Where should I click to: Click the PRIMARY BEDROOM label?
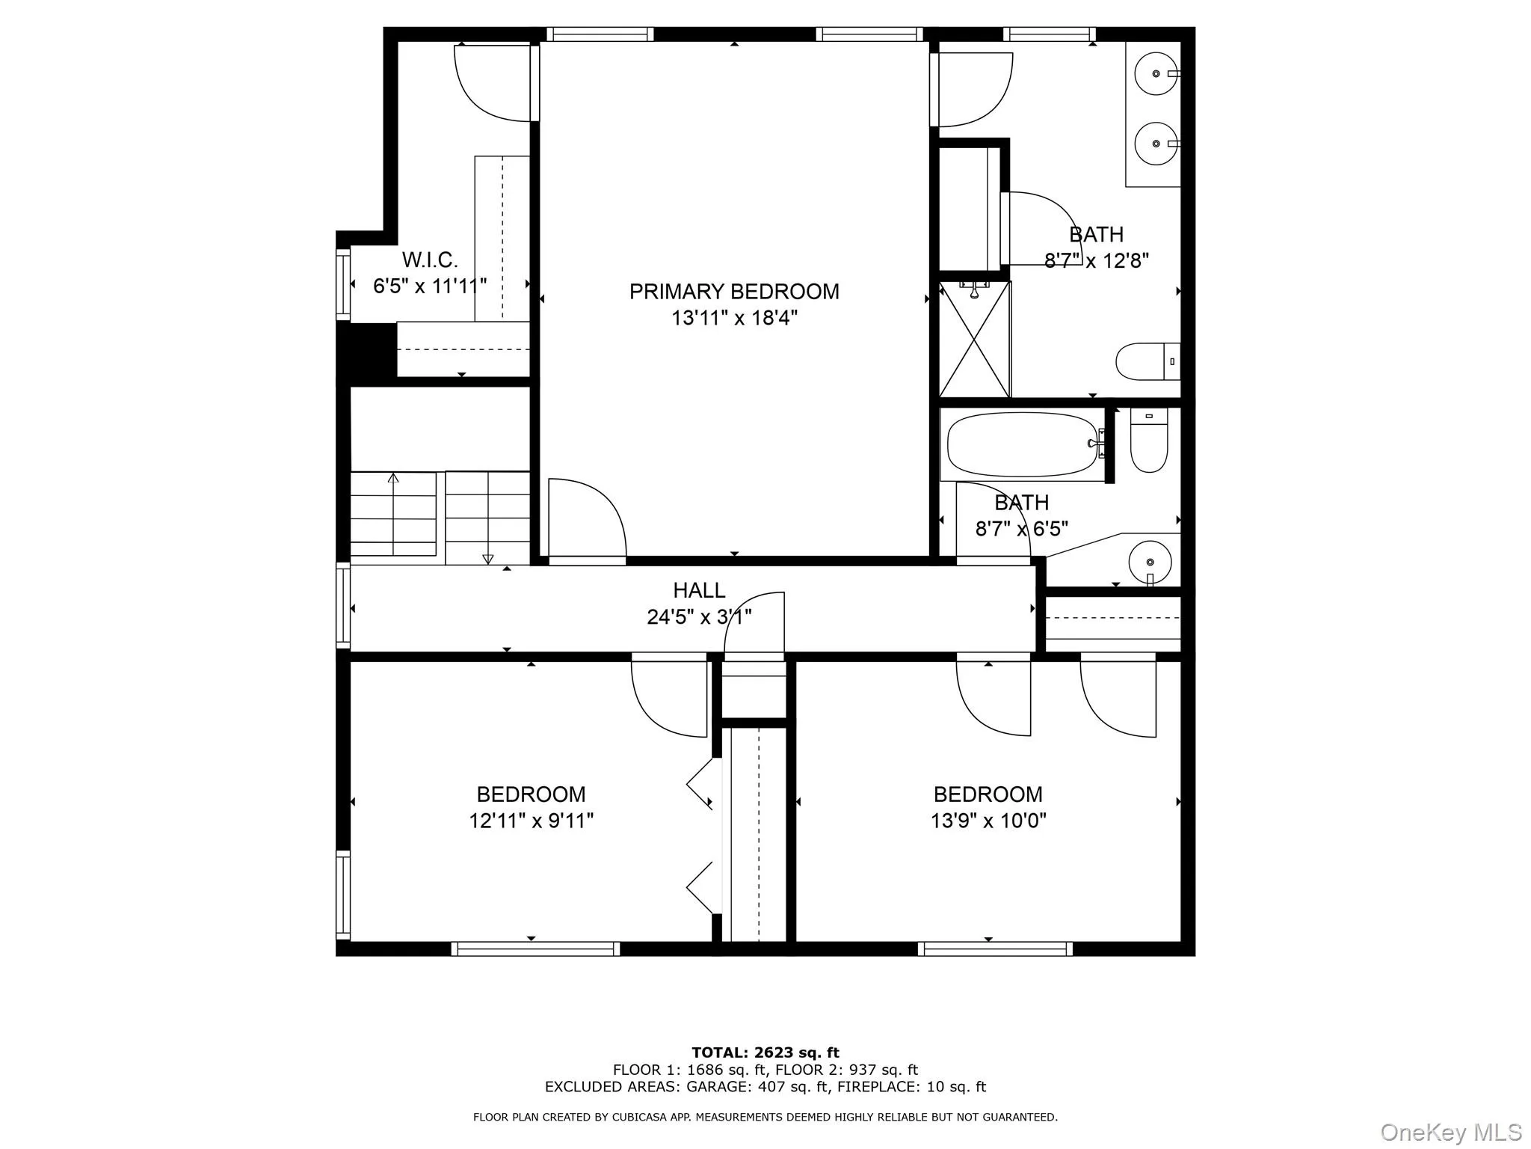[733, 291]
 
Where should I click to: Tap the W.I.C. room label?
[429, 260]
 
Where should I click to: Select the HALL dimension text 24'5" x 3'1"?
[699, 617]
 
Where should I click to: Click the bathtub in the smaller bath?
[1021, 444]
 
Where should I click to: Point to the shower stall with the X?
[975, 340]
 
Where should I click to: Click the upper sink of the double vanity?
[1156, 74]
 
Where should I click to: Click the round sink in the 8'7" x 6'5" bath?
[1149, 562]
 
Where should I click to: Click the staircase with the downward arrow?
[487, 516]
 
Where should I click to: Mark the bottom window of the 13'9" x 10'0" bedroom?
[995, 949]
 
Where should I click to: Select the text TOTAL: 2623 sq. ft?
[765, 1053]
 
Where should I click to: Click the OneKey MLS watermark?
[1450, 1132]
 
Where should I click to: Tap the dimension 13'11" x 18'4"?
[733, 318]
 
